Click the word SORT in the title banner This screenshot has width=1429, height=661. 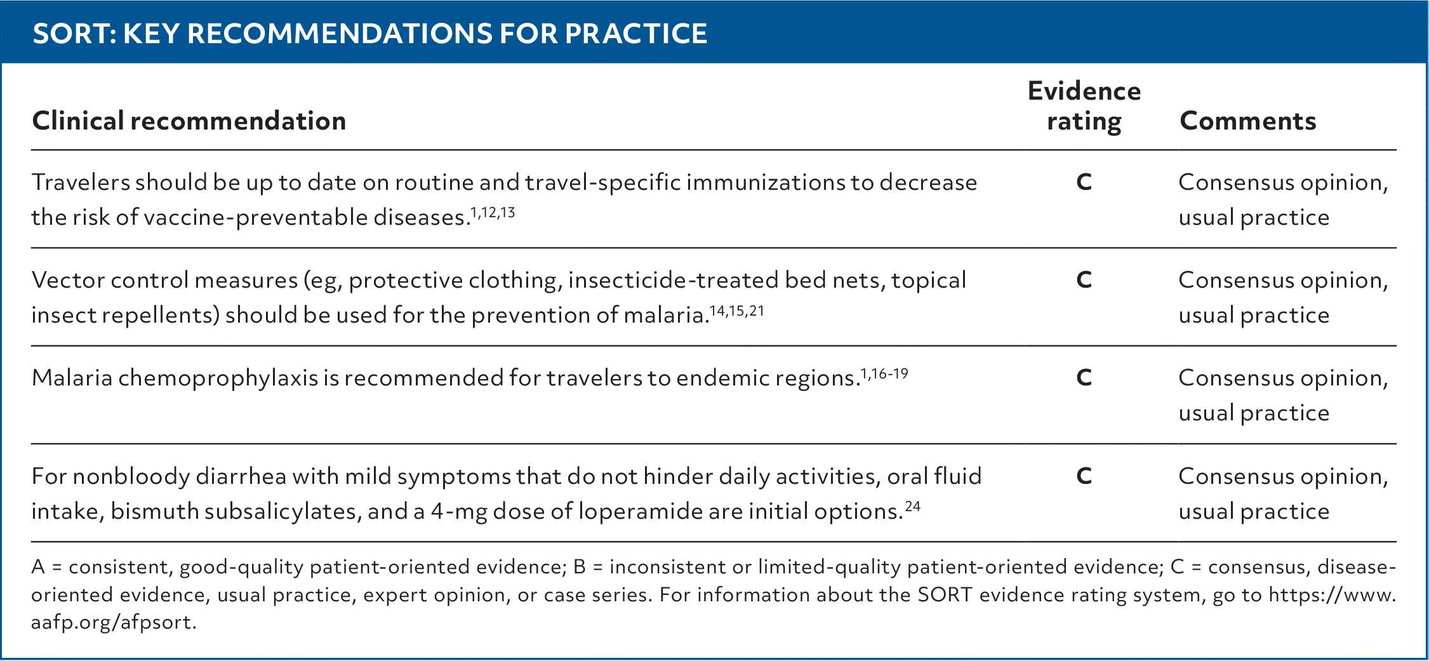pos(70,34)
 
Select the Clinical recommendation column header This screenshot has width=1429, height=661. pos(189,121)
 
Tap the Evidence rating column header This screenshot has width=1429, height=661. pos(1084,106)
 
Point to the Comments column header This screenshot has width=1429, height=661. pos(1247,121)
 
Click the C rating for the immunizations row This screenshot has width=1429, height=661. pos(1084,182)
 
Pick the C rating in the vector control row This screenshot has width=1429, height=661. pos(1084,280)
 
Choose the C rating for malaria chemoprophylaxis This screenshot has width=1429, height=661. pos(1084,378)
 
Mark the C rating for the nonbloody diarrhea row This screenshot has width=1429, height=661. pos(1084,476)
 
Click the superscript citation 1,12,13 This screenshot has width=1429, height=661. pos(493,213)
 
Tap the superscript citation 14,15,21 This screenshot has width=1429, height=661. pos(736,311)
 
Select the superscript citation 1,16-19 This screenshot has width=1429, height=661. pos(884,374)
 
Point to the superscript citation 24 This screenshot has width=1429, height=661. pos(912,507)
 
